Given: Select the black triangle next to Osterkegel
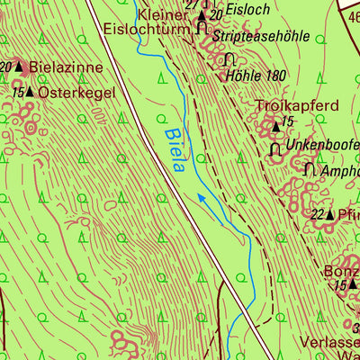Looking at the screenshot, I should click(30, 92).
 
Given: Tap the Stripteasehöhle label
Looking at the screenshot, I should click(264, 37).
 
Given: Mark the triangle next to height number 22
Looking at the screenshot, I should click(329, 215).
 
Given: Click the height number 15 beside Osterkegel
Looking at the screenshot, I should click(17, 92).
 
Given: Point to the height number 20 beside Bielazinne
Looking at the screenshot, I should click(5, 67).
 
